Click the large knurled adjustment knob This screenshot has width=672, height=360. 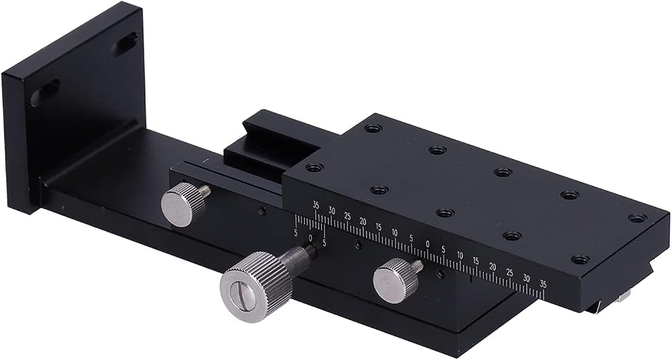click(256, 286)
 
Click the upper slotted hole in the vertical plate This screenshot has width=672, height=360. click(125, 44)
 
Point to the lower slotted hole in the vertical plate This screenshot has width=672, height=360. click(45, 93)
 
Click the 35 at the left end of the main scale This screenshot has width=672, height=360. click(316, 206)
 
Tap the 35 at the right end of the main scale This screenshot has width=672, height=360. click(543, 283)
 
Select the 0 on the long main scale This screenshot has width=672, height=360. click(427, 244)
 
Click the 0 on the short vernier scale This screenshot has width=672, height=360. click(310, 238)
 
